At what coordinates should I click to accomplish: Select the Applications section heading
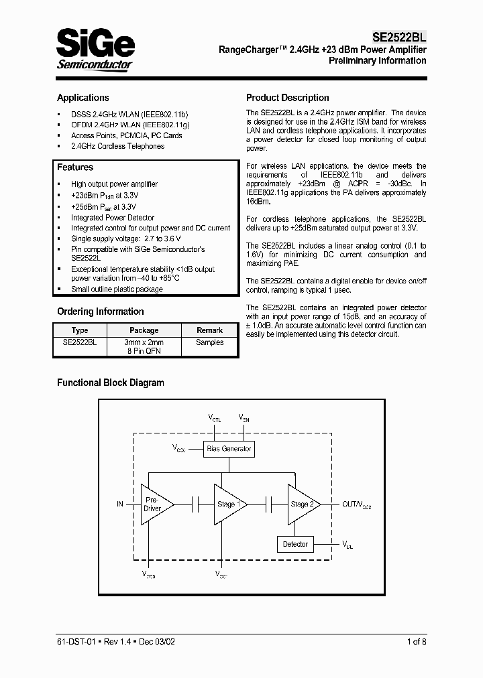83,98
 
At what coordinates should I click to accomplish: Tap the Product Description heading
287,98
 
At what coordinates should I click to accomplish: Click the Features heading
75,167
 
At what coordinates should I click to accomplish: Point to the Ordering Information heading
100,312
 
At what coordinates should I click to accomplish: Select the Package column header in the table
144,330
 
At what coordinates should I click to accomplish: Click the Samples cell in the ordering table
209,342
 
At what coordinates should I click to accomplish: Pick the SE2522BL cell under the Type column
80,342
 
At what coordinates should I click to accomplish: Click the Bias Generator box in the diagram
229,448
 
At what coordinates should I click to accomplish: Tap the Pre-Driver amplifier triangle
155,504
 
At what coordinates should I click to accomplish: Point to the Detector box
295,544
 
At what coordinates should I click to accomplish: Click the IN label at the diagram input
120,504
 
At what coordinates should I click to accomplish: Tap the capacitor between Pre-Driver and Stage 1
195,504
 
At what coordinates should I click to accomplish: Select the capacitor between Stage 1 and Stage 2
268,504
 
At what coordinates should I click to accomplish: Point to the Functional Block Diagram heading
110,383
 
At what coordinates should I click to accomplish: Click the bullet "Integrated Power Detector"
112,218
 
